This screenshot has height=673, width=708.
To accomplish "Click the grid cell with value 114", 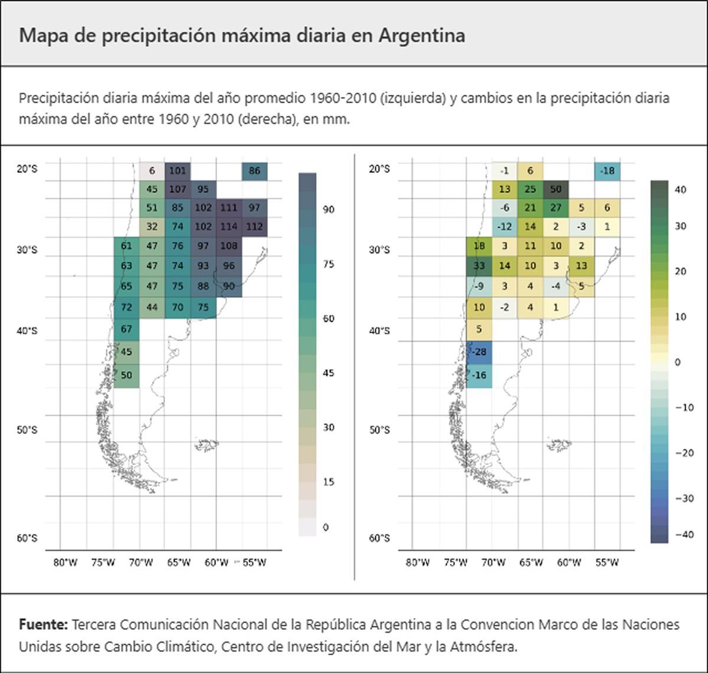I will (x=229, y=226).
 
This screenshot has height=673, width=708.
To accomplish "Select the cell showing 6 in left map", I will (x=152, y=171).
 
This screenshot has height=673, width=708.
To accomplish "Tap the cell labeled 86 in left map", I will (x=254, y=171).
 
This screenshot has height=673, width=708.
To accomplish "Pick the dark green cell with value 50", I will (x=556, y=189).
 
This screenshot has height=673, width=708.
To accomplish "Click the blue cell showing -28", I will (x=479, y=352).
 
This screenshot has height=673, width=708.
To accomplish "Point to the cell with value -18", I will (x=608, y=171).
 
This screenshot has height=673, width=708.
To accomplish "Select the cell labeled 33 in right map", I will (x=479, y=266).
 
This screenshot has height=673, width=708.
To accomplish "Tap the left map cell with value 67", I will (x=126, y=329).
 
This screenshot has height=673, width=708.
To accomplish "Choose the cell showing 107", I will (x=178, y=189).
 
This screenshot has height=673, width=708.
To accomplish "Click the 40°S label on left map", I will (x=27, y=331).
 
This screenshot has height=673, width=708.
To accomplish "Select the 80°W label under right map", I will (x=417, y=563).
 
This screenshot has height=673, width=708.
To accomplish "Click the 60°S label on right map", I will (x=379, y=538).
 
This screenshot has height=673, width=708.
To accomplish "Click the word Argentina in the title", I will (x=421, y=35).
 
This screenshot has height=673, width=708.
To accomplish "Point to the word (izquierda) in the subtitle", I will (x=413, y=99).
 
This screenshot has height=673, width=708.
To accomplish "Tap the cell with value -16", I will (x=479, y=375).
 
